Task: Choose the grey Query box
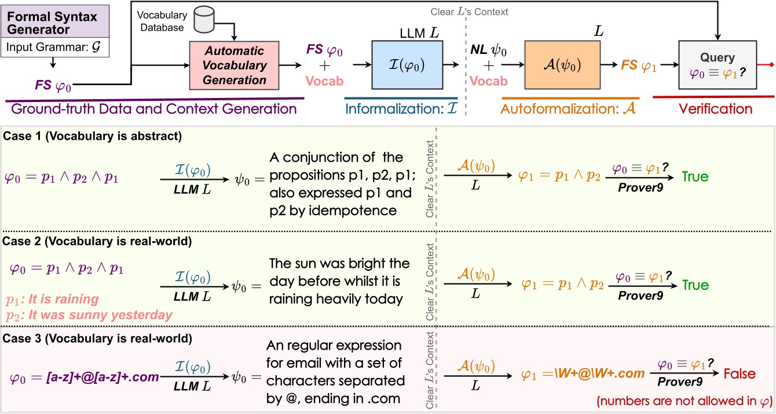point(718,65)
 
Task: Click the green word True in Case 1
point(694,176)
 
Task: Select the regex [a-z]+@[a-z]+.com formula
point(101,377)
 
